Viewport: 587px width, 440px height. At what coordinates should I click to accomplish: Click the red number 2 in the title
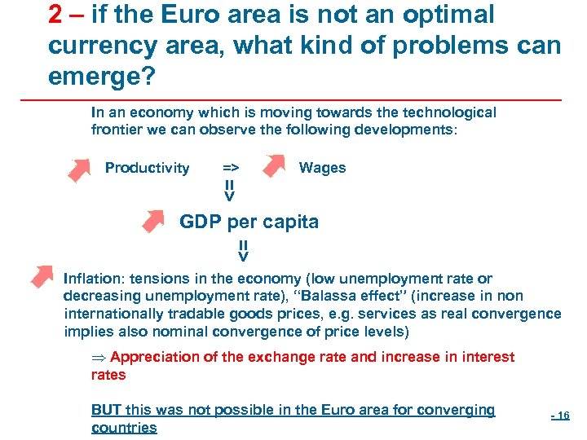56,15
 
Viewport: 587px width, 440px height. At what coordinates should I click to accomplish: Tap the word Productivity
147,169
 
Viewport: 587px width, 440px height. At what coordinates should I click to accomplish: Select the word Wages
322,168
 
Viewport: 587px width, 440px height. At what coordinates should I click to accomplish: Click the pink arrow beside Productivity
79,169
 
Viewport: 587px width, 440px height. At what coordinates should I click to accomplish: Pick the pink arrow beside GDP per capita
153,221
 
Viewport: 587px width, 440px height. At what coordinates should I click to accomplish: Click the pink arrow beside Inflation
41,275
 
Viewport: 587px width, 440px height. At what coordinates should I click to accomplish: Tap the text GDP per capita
249,222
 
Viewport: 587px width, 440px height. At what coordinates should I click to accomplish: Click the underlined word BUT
106,410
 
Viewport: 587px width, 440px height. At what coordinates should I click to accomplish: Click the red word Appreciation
154,357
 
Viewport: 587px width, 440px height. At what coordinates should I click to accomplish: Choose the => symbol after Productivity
231,168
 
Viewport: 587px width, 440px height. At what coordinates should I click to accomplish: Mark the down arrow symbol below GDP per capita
243,251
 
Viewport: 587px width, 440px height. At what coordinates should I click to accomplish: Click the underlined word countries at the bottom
124,428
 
